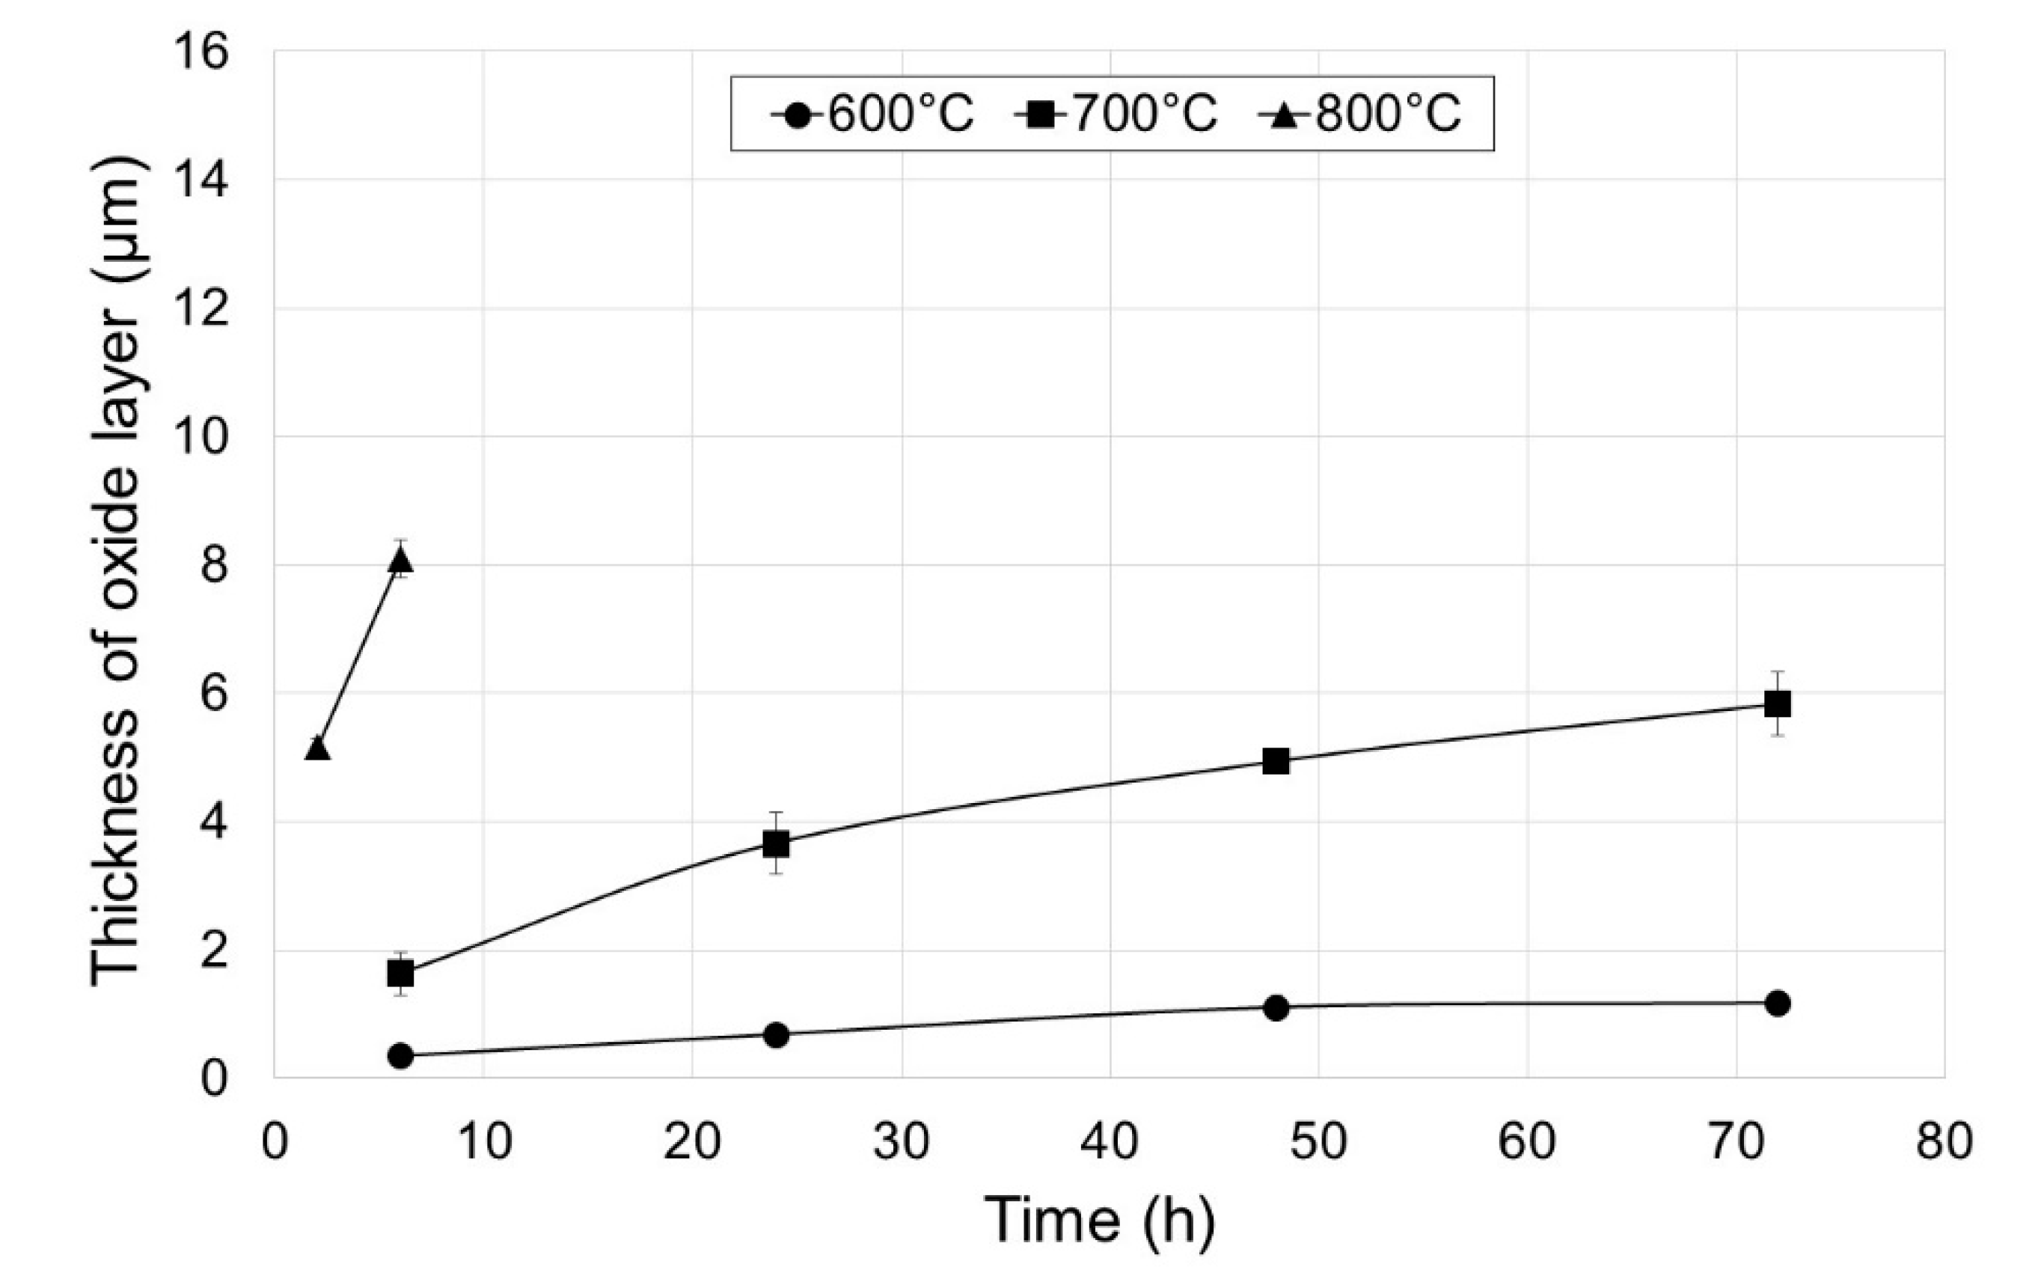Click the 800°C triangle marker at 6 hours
click(x=400, y=561)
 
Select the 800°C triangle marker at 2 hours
click(x=317, y=749)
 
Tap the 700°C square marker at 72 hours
click(x=1778, y=703)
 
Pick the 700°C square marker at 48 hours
click(x=1276, y=761)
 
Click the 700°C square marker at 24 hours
click(x=776, y=843)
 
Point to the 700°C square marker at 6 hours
click(x=400, y=974)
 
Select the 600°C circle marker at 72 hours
click(x=1778, y=1003)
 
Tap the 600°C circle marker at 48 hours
click(x=1276, y=1007)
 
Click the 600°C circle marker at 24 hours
click(x=776, y=1034)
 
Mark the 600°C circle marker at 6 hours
click(x=400, y=1055)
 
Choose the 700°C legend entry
click(x=1117, y=114)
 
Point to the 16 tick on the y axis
click(x=201, y=52)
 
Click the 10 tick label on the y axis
click(x=201, y=438)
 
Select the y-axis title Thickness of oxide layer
click(x=115, y=571)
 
